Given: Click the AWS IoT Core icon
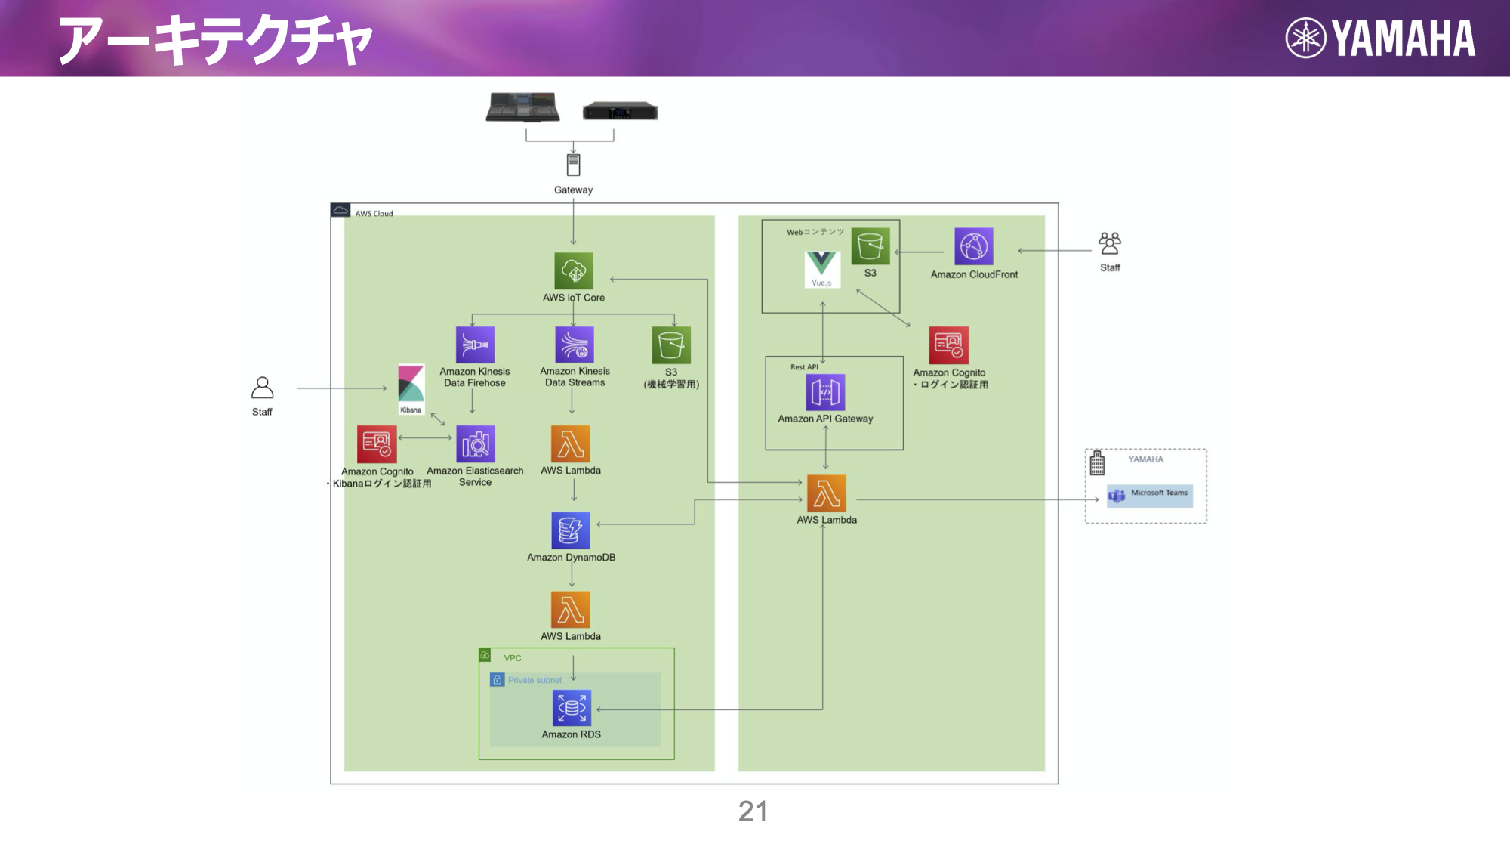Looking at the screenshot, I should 573,270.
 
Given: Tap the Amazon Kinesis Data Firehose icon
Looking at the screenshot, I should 475,345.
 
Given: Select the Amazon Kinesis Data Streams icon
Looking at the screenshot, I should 574,345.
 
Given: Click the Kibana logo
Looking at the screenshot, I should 411,387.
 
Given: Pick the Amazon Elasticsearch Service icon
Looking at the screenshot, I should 475,444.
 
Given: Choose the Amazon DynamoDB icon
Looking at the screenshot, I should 571,530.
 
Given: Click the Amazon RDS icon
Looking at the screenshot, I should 572,708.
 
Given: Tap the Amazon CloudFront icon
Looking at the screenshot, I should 973,247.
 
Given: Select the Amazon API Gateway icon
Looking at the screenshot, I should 825,392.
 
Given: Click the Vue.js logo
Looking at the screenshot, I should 821,268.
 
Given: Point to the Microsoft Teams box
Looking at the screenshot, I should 1150,495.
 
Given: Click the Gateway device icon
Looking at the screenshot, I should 573,165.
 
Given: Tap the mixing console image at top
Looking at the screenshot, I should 523,107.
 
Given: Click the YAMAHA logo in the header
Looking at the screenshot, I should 1380,39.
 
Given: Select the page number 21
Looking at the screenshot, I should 753,811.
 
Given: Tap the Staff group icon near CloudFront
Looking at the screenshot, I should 1110,243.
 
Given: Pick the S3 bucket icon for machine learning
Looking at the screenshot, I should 670,345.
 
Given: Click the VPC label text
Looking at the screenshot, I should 513,658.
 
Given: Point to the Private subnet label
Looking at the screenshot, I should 535,680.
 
